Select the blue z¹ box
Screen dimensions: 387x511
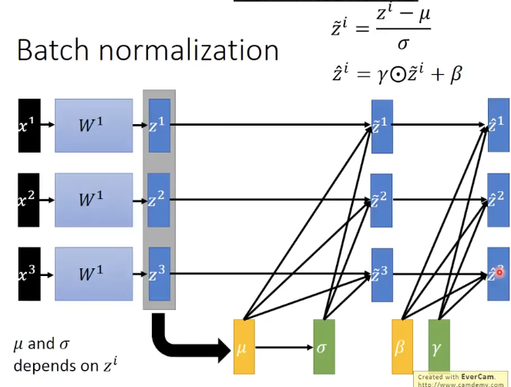click(159, 124)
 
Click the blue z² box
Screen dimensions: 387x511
click(159, 199)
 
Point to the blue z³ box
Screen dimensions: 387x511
click(159, 273)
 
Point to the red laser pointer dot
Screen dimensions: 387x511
click(500, 271)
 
